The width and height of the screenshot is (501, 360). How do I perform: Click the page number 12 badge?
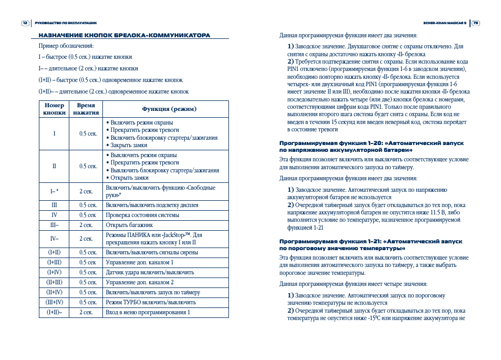[x=25, y=23]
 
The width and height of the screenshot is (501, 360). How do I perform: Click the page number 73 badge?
[x=475, y=23]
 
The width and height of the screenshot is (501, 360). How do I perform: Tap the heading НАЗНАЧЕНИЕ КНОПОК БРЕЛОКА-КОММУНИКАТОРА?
[x=124, y=35]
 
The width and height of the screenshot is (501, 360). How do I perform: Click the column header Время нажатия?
[x=86, y=109]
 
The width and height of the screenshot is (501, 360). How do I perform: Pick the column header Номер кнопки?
[x=54, y=109]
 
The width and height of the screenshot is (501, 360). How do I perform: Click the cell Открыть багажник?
[x=129, y=225]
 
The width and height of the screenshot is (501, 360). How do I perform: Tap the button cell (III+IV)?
[x=54, y=302]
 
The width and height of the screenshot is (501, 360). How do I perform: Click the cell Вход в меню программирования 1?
[x=148, y=312]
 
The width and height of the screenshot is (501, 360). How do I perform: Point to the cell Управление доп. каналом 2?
[x=140, y=282]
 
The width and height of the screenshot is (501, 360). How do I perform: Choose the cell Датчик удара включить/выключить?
[x=150, y=272]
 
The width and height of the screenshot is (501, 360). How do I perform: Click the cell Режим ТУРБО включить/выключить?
[x=151, y=302]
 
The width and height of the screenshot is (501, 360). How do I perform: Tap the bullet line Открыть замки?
[x=129, y=178]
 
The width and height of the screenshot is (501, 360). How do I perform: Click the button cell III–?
[x=54, y=225]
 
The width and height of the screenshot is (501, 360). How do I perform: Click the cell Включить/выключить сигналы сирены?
[x=152, y=252]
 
